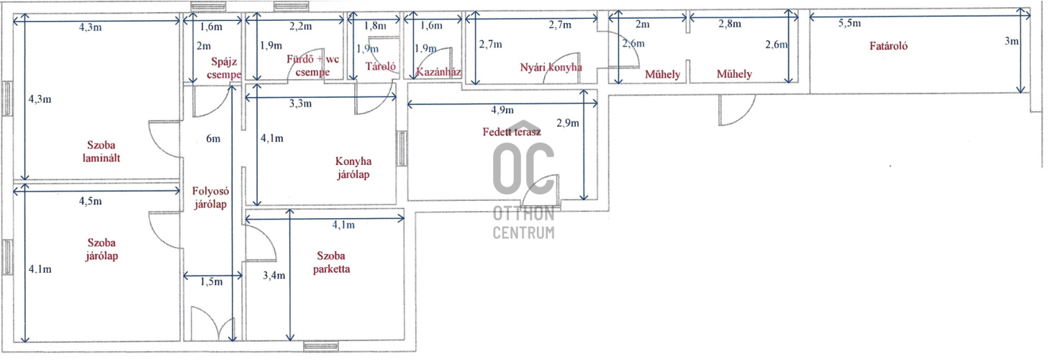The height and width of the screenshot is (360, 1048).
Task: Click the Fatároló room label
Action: coord(888,46)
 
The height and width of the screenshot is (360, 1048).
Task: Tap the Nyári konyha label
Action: coord(551,67)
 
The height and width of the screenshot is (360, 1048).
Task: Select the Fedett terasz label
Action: coord(511,132)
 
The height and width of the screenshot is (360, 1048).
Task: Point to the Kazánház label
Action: coord(438,72)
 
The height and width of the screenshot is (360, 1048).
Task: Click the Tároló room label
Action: coord(380,66)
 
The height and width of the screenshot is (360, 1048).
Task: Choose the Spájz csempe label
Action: coord(224,68)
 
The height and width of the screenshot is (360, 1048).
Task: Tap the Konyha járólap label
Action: coord(353,168)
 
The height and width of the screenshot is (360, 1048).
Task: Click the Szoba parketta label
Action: coord(331,262)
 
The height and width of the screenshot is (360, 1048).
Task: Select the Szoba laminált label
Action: coord(101,151)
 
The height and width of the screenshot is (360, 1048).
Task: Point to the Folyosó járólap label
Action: coord(210,197)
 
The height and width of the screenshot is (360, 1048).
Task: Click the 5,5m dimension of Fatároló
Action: coord(849,23)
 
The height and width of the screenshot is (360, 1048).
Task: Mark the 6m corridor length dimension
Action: coord(213,138)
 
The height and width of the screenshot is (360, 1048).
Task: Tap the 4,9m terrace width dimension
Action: coord(502,110)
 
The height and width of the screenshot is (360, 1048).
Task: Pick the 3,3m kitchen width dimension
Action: coord(300,104)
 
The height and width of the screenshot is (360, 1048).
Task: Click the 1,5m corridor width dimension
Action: coord(212,282)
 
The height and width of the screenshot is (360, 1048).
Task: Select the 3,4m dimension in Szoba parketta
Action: coord(274,275)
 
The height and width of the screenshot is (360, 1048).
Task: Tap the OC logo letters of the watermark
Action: coord(523,168)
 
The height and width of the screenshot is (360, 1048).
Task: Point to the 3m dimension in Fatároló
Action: coord(1011,41)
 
